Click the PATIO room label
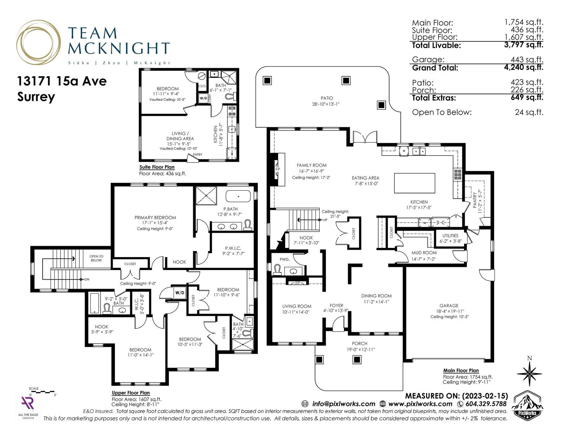click(327, 98)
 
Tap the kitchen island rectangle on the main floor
click(414, 183)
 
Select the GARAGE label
click(449, 306)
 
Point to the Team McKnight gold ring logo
click(39, 43)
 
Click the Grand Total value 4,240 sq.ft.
click(523, 67)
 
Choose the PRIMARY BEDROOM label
click(155, 217)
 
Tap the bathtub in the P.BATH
click(238, 197)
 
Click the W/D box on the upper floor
click(180, 293)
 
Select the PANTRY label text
click(475, 200)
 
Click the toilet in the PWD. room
click(277, 269)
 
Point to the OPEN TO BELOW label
click(96, 258)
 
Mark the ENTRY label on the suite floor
click(198, 155)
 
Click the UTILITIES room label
click(450, 236)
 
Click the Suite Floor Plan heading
click(157, 167)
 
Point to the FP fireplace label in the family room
click(277, 169)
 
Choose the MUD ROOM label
click(424, 253)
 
